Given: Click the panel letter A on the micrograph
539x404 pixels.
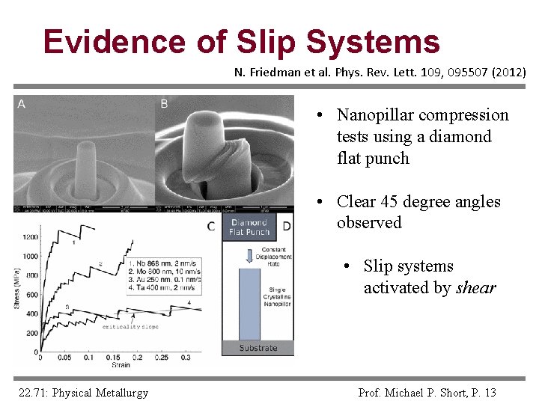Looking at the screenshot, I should point(21,104).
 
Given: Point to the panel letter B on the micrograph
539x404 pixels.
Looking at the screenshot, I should point(164,104).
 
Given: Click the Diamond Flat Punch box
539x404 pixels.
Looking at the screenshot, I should point(249,227).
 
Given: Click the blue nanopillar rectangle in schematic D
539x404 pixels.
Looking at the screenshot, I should point(249,303).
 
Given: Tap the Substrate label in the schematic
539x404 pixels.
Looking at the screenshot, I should point(258,348).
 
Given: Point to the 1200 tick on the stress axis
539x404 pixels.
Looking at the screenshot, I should point(30,237).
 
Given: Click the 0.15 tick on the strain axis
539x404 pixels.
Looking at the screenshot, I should point(112,358).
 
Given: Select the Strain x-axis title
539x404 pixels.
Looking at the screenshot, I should point(121,365).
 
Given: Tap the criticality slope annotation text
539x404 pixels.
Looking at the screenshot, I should point(133,327).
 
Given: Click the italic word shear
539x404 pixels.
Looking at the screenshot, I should point(476,288).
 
